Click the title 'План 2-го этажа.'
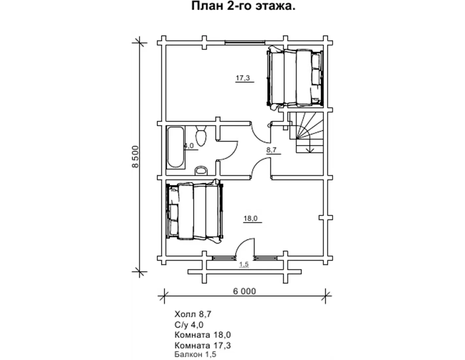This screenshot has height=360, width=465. tap(243, 7)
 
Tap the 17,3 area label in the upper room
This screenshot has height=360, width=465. tap(243, 78)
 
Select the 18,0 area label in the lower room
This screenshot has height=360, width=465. tap(250, 218)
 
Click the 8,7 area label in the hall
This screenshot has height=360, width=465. tap(271, 150)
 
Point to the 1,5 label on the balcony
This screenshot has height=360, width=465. tap(244, 264)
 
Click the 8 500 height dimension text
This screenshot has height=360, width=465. tap(136, 156)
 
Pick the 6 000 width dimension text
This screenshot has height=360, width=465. tap(244, 291)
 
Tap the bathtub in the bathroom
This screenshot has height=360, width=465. tap(176, 148)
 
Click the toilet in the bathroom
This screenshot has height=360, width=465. tap(201, 136)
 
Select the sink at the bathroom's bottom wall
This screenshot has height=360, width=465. tap(201, 171)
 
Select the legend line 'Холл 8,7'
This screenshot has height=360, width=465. tap(193, 314)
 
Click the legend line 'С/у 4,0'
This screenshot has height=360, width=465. tap(189, 325)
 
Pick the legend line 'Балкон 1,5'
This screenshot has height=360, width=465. tap(195, 354)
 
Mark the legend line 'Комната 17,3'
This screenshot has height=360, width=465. tap(203, 346)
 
